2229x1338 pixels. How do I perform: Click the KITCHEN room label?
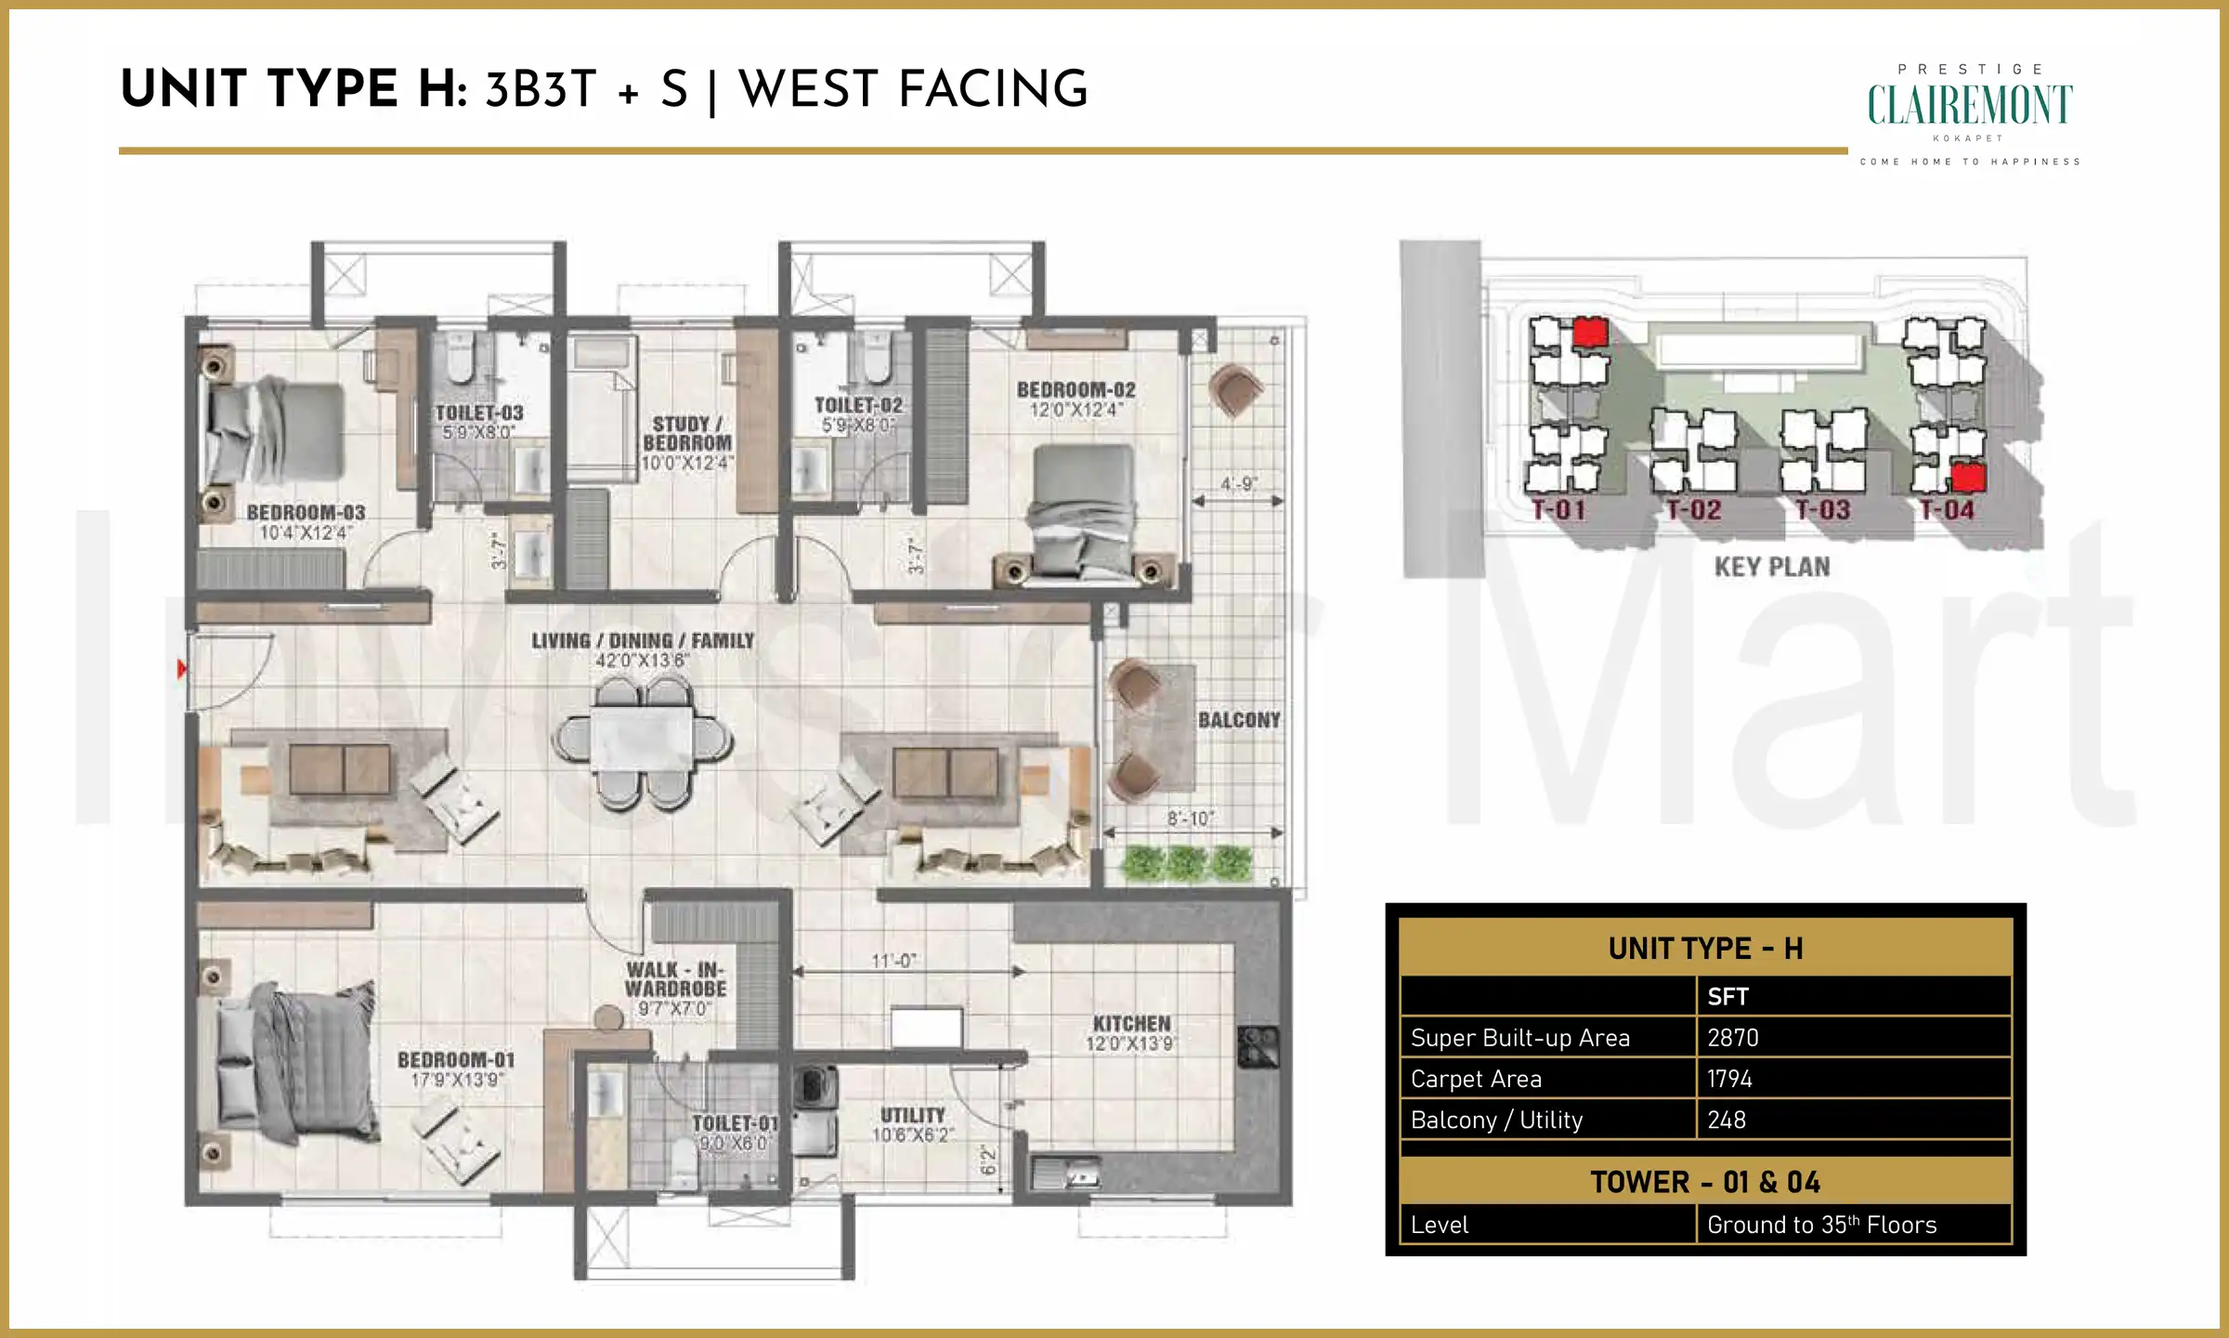[x=1131, y=1024]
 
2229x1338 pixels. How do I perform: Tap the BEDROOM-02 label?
[x=1075, y=390]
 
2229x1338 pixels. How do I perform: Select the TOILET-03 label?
[x=479, y=413]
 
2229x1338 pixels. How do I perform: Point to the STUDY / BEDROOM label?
[x=686, y=434]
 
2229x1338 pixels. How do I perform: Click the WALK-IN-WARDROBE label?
[x=675, y=979]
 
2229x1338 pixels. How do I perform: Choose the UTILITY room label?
[x=912, y=1115]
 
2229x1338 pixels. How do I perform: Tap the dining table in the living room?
[x=642, y=741]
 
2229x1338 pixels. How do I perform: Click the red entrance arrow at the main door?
[x=182, y=668]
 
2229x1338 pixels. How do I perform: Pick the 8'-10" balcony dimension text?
[x=1190, y=819]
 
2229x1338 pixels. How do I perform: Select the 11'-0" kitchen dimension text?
[x=894, y=961]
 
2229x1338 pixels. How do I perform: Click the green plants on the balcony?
[x=1188, y=862]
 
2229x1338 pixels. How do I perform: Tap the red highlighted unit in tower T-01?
[x=1590, y=332]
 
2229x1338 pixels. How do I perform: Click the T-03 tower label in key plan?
[x=1822, y=510]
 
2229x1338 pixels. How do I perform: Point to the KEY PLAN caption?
[x=1771, y=567]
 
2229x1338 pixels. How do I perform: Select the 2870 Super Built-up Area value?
[x=1733, y=1038]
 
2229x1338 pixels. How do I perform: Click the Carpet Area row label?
[x=1476, y=1079]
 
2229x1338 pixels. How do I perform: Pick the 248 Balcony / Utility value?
[x=1727, y=1120]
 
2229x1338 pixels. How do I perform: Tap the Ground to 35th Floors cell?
[x=1821, y=1225]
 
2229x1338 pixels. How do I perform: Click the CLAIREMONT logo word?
[x=1969, y=105]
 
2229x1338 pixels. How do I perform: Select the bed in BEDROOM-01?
[x=297, y=1064]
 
